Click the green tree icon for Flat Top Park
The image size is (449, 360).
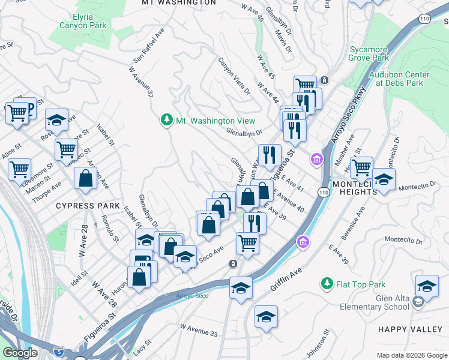(327, 283)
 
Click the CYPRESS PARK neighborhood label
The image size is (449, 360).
(85, 206)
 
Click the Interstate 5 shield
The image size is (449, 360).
(59, 350)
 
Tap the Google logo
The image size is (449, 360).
(20, 353)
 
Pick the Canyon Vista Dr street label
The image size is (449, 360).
(234, 77)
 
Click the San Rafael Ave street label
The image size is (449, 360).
(149, 45)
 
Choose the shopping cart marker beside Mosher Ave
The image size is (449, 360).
(361, 167)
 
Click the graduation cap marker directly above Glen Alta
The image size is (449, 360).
(427, 286)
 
